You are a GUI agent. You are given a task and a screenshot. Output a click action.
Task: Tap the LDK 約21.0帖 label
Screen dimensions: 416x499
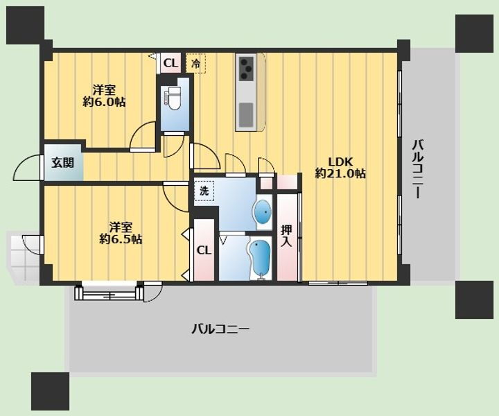click(340, 167)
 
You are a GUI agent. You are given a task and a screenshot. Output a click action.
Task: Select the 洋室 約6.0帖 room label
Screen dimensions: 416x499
click(104, 96)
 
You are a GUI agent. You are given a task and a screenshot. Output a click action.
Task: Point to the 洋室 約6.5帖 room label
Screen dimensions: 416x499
click(121, 233)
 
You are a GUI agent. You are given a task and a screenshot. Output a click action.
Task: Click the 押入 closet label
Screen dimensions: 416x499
click(286, 236)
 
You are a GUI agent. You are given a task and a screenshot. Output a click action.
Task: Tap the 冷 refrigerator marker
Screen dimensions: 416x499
click(196, 64)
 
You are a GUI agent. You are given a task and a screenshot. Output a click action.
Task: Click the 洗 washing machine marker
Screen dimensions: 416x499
click(204, 190)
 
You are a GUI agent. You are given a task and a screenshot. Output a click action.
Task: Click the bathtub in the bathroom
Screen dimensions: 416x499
click(259, 259)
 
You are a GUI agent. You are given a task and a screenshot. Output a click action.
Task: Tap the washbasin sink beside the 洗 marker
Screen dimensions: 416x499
click(263, 212)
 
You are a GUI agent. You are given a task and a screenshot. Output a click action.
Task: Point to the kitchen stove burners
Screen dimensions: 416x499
click(246, 68)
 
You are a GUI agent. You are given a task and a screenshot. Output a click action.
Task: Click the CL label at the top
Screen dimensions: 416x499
click(170, 63)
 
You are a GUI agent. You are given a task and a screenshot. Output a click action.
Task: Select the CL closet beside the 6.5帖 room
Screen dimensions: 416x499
click(203, 250)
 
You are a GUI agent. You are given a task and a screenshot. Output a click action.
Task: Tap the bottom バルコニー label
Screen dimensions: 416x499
click(220, 329)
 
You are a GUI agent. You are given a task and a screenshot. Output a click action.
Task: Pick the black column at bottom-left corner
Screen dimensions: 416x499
click(50, 391)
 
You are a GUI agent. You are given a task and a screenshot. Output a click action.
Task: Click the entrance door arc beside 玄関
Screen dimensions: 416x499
click(28, 168)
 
